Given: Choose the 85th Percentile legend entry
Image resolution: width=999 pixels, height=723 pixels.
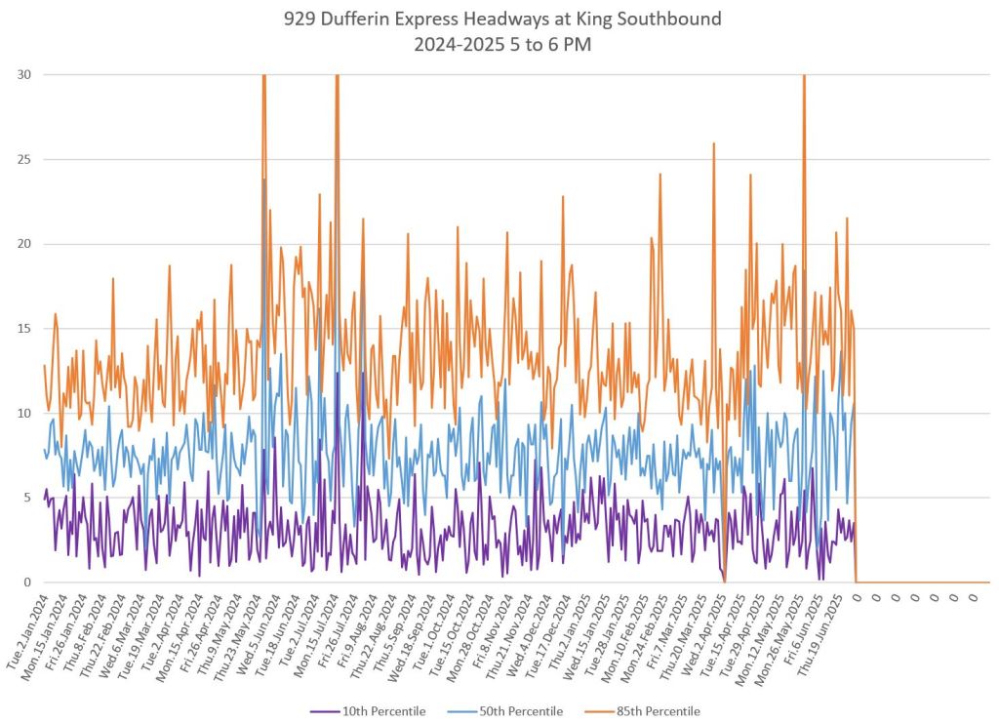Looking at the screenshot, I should [659, 711].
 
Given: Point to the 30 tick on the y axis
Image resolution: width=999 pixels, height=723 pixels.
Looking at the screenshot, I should [24, 75].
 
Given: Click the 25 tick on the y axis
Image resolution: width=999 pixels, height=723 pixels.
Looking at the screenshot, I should [24, 160].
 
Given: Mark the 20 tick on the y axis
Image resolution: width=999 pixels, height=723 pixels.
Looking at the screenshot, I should [24, 244].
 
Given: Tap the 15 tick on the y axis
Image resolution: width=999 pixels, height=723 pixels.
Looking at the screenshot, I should [24, 329].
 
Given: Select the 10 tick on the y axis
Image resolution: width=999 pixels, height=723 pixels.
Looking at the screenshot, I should [24, 414].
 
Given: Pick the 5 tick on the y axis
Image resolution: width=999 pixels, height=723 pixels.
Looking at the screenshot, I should [27, 498].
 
